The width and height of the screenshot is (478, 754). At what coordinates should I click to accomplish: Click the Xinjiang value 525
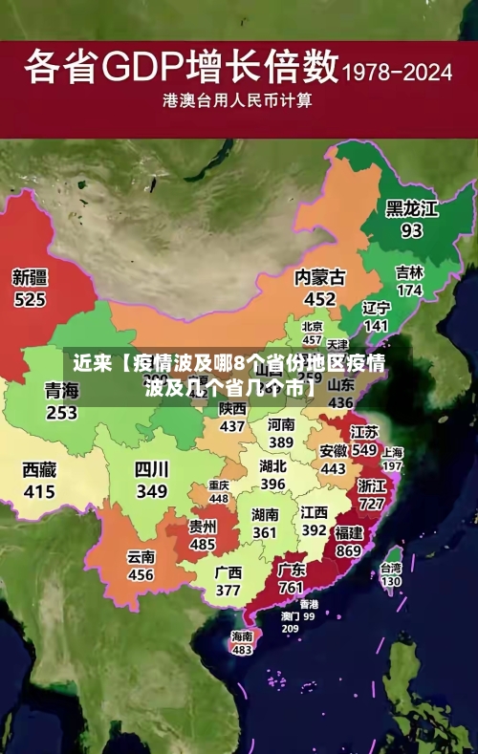point(30,299)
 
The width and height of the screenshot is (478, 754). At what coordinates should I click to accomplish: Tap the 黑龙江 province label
point(411,208)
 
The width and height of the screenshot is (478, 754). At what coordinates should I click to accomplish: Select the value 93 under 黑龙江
point(411,230)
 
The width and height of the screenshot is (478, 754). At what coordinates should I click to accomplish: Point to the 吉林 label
point(409,271)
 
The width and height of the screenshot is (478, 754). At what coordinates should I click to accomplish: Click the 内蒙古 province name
point(320,277)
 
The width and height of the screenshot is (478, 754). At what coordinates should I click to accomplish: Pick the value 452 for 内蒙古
point(320,299)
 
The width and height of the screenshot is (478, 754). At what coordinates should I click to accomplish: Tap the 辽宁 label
point(377,308)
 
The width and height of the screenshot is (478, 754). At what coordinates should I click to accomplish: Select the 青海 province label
point(61,390)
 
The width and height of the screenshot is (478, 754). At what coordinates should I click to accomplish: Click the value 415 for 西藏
point(39,492)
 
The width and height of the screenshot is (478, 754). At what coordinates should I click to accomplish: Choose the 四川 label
point(151,469)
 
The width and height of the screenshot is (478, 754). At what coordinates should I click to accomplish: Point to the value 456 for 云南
point(141,575)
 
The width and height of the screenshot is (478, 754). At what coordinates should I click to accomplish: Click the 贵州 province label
point(202,527)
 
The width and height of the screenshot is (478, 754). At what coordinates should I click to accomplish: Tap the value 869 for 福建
point(348,550)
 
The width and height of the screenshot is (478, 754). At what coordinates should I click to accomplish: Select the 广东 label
point(292,570)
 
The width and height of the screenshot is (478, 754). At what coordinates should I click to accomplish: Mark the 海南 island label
point(242,636)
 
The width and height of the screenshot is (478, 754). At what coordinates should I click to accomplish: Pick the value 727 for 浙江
point(371,503)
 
